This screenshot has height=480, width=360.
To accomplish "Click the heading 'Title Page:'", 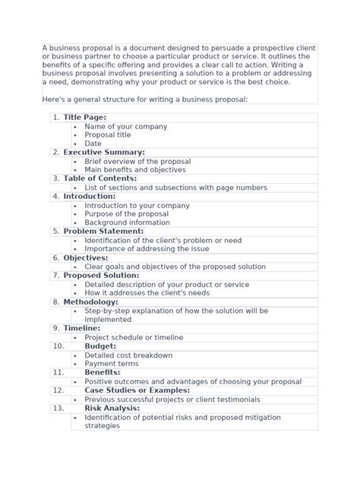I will [x=84, y=118].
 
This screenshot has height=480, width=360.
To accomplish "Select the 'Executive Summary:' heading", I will [x=104, y=153].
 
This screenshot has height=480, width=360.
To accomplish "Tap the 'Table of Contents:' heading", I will [x=99, y=178].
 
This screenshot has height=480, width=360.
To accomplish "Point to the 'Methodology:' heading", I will [x=90, y=302].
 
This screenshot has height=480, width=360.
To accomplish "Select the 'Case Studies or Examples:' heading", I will [x=126, y=390].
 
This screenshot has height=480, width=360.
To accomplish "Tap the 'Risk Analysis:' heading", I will [x=112, y=408].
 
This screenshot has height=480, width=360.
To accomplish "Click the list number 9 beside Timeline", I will [x=56, y=328].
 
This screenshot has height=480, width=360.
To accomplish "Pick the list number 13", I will [x=58, y=408].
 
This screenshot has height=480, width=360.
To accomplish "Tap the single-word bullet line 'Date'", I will [x=93, y=144].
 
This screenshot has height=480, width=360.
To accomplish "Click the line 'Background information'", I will [x=127, y=223].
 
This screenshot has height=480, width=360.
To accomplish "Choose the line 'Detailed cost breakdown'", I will [x=128, y=355].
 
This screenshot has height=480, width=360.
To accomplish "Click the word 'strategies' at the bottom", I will [x=102, y=426].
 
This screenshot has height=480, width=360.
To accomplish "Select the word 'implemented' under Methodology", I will [x=108, y=320].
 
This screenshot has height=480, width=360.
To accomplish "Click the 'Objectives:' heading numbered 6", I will [x=86, y=258].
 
